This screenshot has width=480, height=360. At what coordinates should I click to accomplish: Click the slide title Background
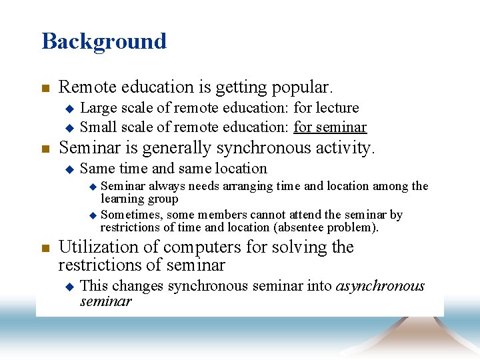(x=104, y=41)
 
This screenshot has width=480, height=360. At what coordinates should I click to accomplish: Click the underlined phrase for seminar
(x=330, y=127)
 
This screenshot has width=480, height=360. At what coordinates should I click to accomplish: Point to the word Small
(x=97, y=127)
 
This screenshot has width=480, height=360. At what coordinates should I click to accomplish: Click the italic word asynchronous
(x=380, y=286)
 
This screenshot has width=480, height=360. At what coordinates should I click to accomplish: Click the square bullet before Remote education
(x=45, y=88)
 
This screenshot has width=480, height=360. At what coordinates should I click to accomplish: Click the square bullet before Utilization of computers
(x=45, y=248)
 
